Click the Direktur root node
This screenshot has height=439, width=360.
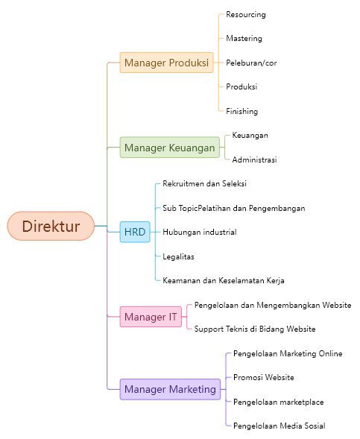pos(51,226)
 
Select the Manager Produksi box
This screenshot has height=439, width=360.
pos(166,63)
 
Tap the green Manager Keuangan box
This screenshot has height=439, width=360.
pos(170,148)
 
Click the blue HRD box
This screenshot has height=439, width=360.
pos(135,232)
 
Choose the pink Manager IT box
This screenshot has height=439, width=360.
pos(151,317)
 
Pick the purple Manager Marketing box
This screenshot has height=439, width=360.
pos(170,389)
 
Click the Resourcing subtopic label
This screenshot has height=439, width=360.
pos(246,15)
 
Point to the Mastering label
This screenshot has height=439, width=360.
pos(244,38)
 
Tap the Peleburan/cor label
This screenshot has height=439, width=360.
pos(251,63)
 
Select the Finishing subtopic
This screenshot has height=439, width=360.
pos(242,111)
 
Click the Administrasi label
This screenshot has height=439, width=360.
pos(254,160)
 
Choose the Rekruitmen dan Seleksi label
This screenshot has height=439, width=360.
pos(204,183)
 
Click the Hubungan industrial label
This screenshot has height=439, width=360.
pos(200,232)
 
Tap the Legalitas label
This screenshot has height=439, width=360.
pos(178,256)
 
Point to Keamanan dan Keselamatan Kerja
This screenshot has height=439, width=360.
pos(224,280)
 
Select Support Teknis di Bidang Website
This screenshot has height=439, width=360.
pos(255,329)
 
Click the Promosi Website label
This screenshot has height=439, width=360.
pos(263,377)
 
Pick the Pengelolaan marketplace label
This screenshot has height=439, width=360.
pos(278,402)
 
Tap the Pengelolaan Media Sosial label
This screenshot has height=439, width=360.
pos(279,426)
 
